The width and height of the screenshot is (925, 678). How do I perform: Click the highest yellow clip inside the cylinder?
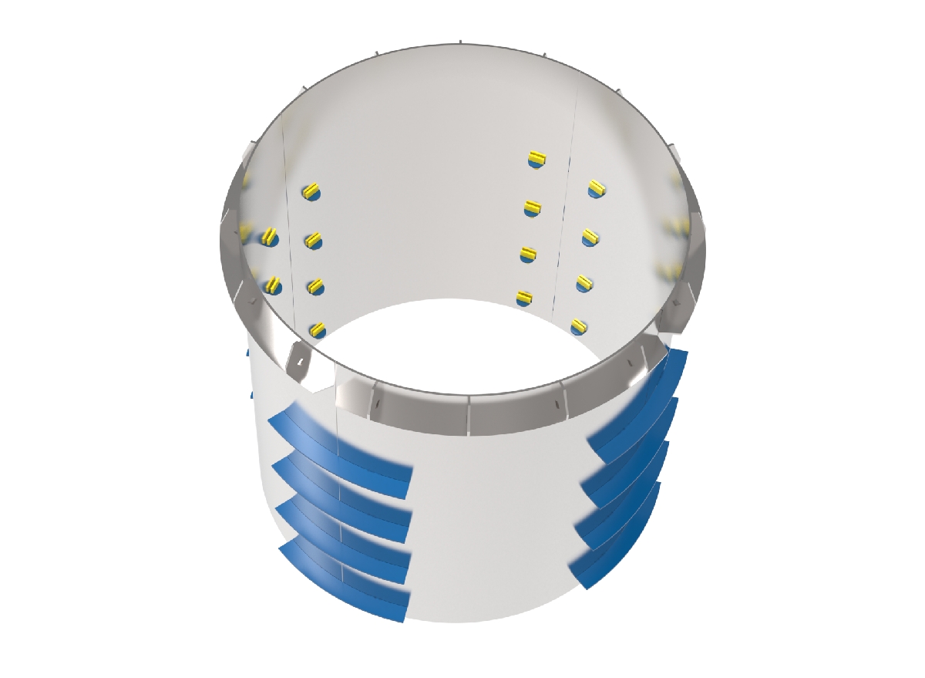pyautogui.click(x=537, y=160)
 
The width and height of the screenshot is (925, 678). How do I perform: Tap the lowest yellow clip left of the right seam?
pyautogui.click(x=524, y=296)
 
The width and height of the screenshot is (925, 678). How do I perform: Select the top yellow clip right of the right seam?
pyautogui.click(x=596, y=187)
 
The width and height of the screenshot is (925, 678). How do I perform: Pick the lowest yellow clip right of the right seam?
pyautogui.click(x=578, y=326)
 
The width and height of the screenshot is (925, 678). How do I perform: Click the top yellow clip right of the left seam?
pyautogui.click(x=311, y=191)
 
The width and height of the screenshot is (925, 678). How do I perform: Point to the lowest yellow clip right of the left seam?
pyautogui.click(x=317, y=330)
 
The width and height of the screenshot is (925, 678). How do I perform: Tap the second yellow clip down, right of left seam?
pyautogui.click(x=312, y=241)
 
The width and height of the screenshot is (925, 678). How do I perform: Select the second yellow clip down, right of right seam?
pyautogui.click(x=591, y=237)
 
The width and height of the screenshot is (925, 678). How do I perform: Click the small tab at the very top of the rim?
pyautogui.click(x=459, y=42)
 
